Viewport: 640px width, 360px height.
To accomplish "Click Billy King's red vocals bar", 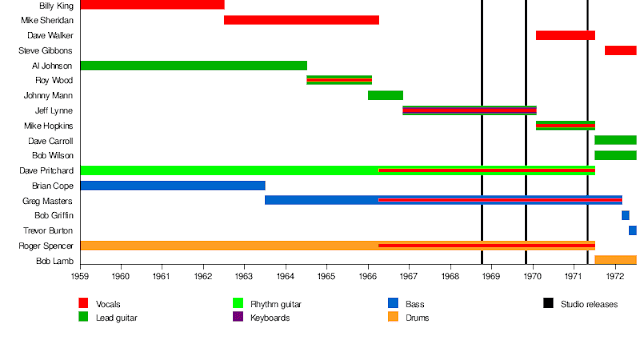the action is pos(153,4).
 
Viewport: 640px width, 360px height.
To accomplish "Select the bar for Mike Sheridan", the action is pos(302,20).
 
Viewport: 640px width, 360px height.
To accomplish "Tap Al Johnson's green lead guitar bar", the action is pos(194,65).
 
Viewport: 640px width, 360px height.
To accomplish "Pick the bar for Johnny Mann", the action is pos(385,96).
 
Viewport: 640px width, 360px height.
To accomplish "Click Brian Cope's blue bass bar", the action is pos(173,186).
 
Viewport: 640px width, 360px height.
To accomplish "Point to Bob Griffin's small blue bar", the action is pos(625,215).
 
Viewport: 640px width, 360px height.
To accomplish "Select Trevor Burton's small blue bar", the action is pos(633,230).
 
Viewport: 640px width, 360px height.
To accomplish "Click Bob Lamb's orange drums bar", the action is pos(616,260).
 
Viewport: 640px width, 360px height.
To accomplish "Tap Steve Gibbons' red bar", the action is pos(621,51).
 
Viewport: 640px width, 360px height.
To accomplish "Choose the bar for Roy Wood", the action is pos(339,80).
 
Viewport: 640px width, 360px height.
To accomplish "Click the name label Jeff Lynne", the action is pos(54,111).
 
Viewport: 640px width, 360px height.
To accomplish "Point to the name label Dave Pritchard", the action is pos(47,171).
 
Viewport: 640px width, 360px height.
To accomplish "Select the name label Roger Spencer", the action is pos(46,246).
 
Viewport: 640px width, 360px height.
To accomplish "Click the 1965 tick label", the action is pos(326,276).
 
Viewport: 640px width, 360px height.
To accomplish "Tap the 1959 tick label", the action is pos(80,276).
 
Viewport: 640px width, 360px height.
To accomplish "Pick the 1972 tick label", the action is pos(615,276).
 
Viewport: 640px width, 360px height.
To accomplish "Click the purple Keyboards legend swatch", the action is pos(238,317).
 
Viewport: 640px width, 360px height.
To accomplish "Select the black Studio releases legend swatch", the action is pos(548,303).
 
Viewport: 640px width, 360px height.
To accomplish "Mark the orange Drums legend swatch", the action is pos(393,317).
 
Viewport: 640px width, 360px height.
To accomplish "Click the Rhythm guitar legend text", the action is pos(276,304).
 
